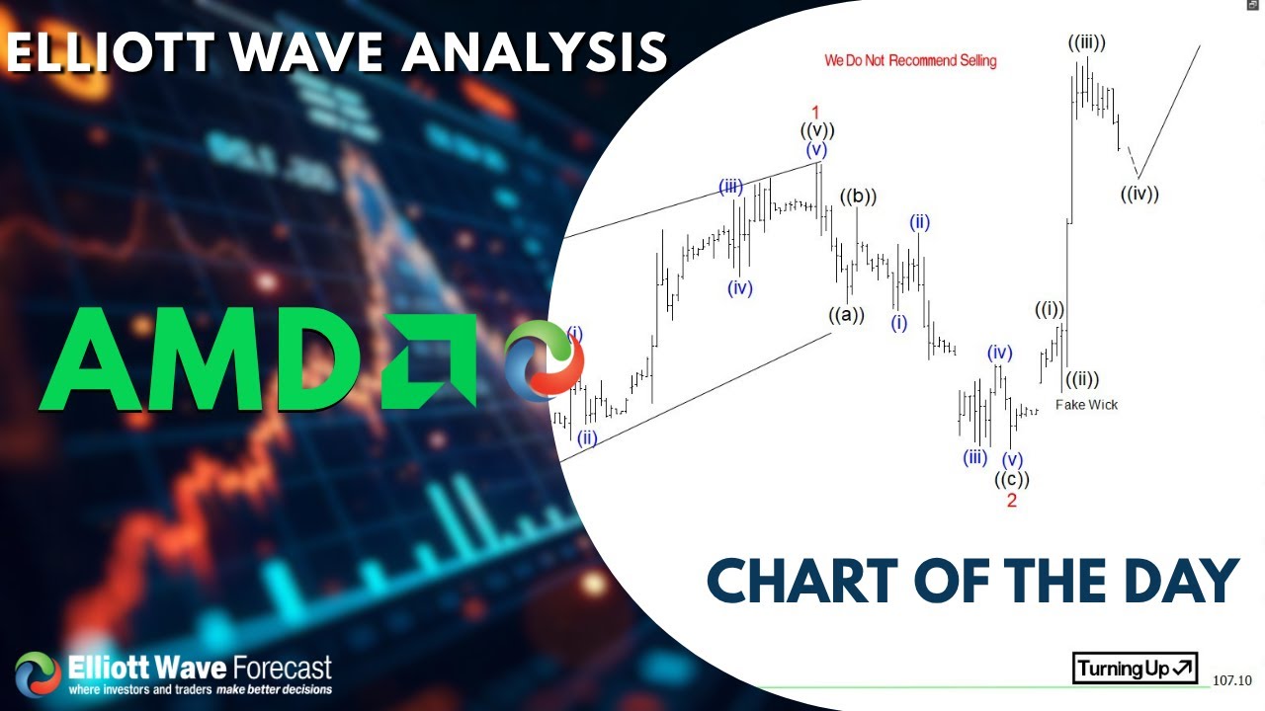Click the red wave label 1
pyautogui.click(x=815, y=112)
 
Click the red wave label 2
pyautogui.click(x=1011, y=501)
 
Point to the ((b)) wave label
pyautogui.click(x=858, y=197)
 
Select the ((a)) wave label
pyautogui.click(x=846, y=315)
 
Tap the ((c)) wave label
pyautogui.click(x=1011, y=480)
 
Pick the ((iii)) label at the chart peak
pyautogui.click(x=1086, y=42)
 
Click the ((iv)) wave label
pyautogui.click(x=1139, y=195)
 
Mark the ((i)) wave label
pyautogui.click(x=1050, y=310)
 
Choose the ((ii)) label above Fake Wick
pyautogui.click(x=1081, y=378)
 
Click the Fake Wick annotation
pyautogui.click(x=1086, y=404)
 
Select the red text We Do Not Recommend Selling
pyautogui.click(x=910, y=61)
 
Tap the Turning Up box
pyautogui.click(x=1136, y=669)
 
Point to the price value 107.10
pyautogui.click(x=1232, y=680)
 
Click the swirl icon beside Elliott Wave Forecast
pyautogui.click(x=38, y=674)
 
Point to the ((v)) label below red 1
pyautogui.click(x=816, y=130)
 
